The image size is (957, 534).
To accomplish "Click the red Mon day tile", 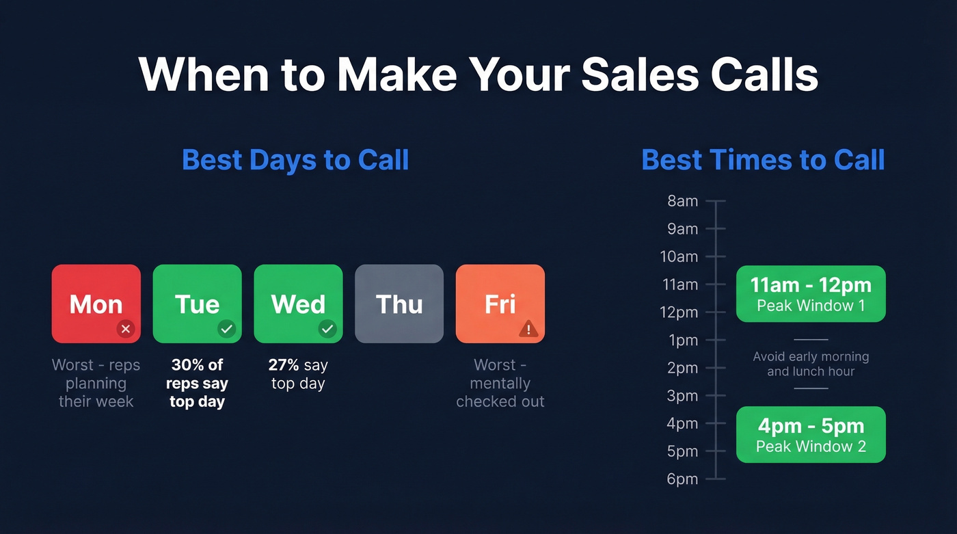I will pos(96,303).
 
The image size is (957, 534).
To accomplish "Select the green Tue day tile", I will pos(197,303).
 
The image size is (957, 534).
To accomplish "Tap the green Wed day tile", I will pos(298,303).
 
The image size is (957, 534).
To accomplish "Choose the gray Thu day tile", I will pos(399,303).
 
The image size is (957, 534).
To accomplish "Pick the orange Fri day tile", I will pos(500,303).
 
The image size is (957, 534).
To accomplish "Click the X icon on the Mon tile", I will pos(125,329).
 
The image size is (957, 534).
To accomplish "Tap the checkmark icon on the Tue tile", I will pos(226,329).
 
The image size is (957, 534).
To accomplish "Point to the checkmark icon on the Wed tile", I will pos(327,329).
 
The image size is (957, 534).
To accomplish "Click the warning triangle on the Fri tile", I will pos(528,330).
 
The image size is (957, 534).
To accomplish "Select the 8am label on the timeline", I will pos(682,201).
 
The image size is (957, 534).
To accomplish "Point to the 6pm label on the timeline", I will pos(682,479).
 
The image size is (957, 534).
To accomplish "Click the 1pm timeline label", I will pos(682,340).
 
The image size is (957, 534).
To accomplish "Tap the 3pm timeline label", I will pos(682,396).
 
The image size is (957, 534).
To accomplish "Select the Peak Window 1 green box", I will pos(811,293).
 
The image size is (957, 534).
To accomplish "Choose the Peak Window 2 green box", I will pos(811,434).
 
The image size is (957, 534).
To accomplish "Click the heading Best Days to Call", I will pos(295,160).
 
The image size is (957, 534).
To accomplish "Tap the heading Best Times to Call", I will pos(763,160).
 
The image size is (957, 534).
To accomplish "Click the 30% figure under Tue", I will pos(187,365).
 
